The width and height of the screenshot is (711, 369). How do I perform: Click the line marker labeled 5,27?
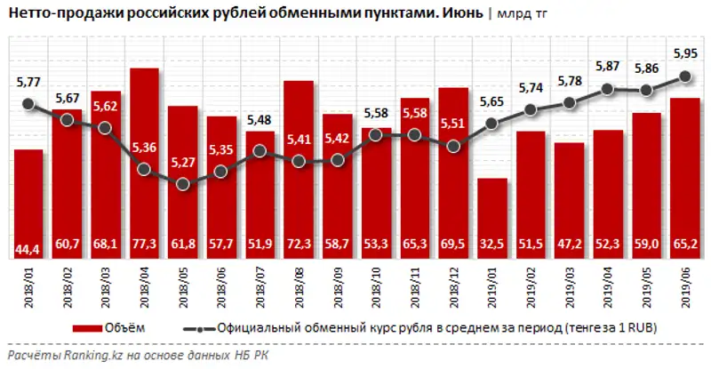pos(183,184)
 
